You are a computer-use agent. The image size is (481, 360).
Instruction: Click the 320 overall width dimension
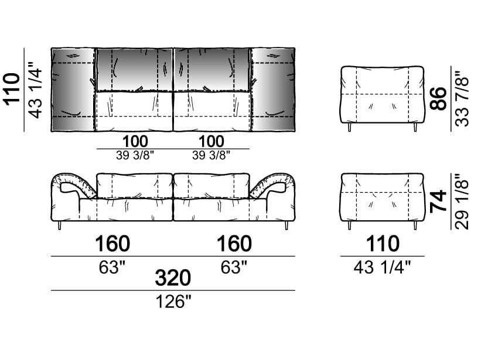coord(173,278)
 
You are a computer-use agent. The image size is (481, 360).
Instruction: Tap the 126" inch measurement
coord(173,302)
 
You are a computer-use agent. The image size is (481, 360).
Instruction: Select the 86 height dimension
coord(439,98)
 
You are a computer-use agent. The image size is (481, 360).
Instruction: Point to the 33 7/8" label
coord(462,99)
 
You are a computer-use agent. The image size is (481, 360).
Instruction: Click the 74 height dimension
coord(439,201)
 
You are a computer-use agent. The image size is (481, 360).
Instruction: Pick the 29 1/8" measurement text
coord(462,201)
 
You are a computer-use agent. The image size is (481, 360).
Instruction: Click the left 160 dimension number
coord(112,244)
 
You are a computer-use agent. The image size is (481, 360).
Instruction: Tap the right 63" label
coord(234,267)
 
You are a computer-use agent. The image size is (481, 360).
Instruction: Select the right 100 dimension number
coord(211,142)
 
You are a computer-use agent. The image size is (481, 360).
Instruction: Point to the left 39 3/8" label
coord(134,155)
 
